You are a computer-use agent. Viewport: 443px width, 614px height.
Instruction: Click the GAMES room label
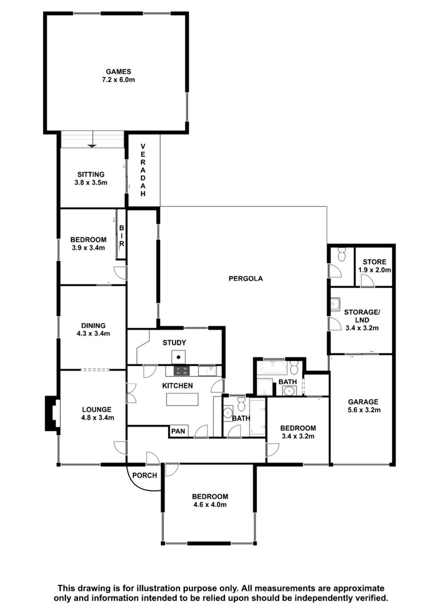point(118,72)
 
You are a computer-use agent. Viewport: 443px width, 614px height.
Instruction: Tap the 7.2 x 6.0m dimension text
point(118,80)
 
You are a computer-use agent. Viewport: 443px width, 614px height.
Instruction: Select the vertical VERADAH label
point(143,170)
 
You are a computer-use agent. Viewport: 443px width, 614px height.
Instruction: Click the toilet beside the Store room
point(342,254)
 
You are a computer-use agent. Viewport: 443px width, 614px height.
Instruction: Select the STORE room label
point(375,262)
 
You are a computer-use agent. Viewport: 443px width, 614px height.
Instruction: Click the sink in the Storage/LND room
point(335,303)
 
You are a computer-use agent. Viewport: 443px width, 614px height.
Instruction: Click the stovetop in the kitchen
point(181,371)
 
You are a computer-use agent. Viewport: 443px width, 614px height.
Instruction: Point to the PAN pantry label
point(178,431)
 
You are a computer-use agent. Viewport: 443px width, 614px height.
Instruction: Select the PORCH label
point(145,475)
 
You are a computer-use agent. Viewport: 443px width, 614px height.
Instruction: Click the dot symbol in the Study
point(178,357)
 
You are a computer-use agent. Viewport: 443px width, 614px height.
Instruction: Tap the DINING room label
point(94,325)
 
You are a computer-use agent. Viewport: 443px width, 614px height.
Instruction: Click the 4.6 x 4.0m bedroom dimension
point(210,505)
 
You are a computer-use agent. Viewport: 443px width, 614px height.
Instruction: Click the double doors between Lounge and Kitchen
point(131,393)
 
